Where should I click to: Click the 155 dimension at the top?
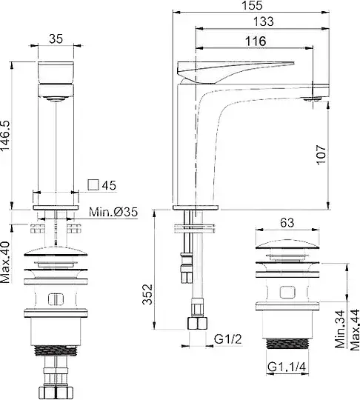[x=252, y=5]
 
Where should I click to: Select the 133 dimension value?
[x=263, y=21]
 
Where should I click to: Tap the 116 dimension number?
[x=256, y=41]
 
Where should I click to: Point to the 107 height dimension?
[x=321, y=155]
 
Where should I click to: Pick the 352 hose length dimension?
[x=147, y=294]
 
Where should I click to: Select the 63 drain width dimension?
[x=287, y=223]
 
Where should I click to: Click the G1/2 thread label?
[x=227, y=339]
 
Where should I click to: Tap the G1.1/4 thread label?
[x=287, y=367]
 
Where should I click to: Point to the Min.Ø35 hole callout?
[x=113, y=212]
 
